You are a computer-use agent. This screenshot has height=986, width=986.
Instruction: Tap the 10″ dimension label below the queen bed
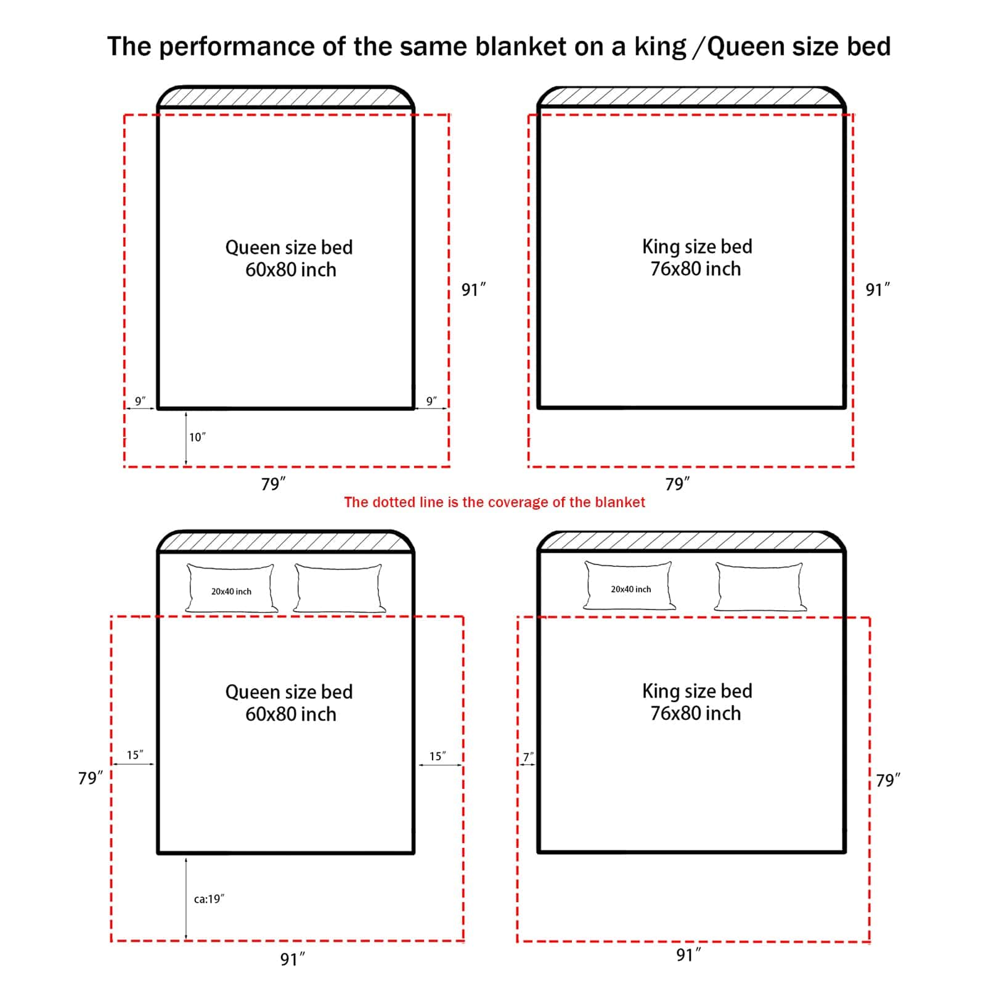197,437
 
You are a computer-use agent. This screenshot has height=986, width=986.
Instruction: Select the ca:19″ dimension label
209,899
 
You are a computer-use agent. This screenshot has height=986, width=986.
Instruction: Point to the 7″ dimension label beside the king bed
528,757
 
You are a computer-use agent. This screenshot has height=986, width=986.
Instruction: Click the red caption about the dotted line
494,502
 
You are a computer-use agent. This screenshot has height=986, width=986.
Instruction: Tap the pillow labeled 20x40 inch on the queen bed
231,589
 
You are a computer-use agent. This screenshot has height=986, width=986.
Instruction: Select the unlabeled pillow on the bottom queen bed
339,589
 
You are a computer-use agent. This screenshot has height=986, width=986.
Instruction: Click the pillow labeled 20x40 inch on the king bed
629,585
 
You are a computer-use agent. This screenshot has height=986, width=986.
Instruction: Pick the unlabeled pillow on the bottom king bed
760,587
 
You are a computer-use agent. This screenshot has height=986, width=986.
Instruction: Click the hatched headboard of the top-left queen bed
285,97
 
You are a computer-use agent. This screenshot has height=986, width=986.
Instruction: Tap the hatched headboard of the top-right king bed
691,97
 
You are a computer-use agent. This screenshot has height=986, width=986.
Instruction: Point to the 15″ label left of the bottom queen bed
135,755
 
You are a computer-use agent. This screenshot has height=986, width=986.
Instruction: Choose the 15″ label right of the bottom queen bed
438,756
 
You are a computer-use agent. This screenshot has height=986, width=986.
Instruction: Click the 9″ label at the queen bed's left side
140,401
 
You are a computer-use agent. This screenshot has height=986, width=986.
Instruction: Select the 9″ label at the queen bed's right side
431,401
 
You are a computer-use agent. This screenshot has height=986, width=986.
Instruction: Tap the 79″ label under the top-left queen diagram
273,484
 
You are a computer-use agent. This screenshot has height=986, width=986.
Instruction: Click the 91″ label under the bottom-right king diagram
688,955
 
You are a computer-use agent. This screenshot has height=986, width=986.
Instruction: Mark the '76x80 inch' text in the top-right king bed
696,269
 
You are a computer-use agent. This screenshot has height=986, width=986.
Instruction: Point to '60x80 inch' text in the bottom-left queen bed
291,714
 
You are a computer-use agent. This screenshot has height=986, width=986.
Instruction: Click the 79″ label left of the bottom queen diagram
91,778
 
